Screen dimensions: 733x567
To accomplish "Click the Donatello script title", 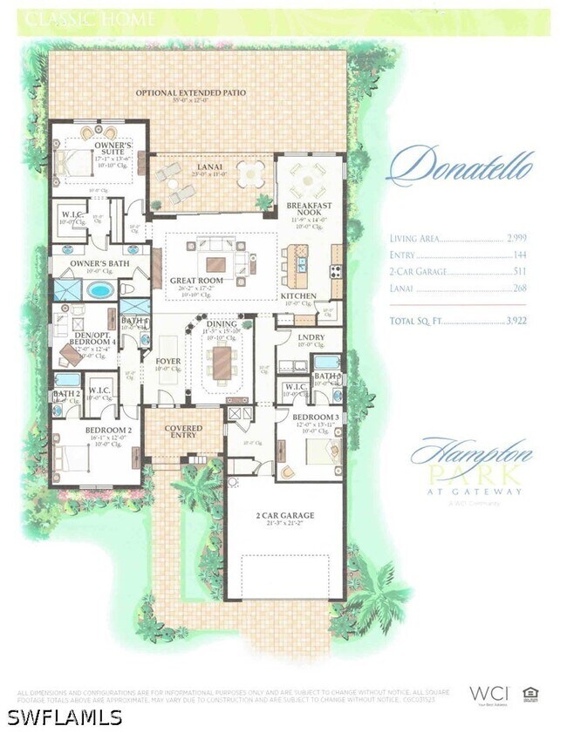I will pyautogui.click(x=460, y=166).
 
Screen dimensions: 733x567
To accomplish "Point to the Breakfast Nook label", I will pyautogui.click(x=309, y=209).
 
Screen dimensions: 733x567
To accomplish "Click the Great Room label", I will pyautogui.click(x=196, y=281).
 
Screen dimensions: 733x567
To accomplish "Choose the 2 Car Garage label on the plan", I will pyautogui.click(x=284, y=516).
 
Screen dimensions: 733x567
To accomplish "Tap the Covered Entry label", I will pyautogui.click(x=183, y=432).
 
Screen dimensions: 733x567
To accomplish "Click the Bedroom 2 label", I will pyautogui.click(x=108, y=431).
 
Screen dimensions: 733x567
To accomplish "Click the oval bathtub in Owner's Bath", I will pyautogui.click(x=99, y=289).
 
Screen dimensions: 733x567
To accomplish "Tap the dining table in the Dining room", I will pyautogui.click(x=223, y=361).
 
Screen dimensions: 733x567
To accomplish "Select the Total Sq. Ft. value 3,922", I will pyautogui.click(x=517, y=321).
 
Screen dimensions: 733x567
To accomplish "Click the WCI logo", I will pyautogui.click(x=488, y=693).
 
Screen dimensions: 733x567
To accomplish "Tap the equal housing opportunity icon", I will pyautogui.click(x=530, y=694).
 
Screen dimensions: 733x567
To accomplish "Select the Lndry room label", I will pyautogui.click(x=311, y=337).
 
